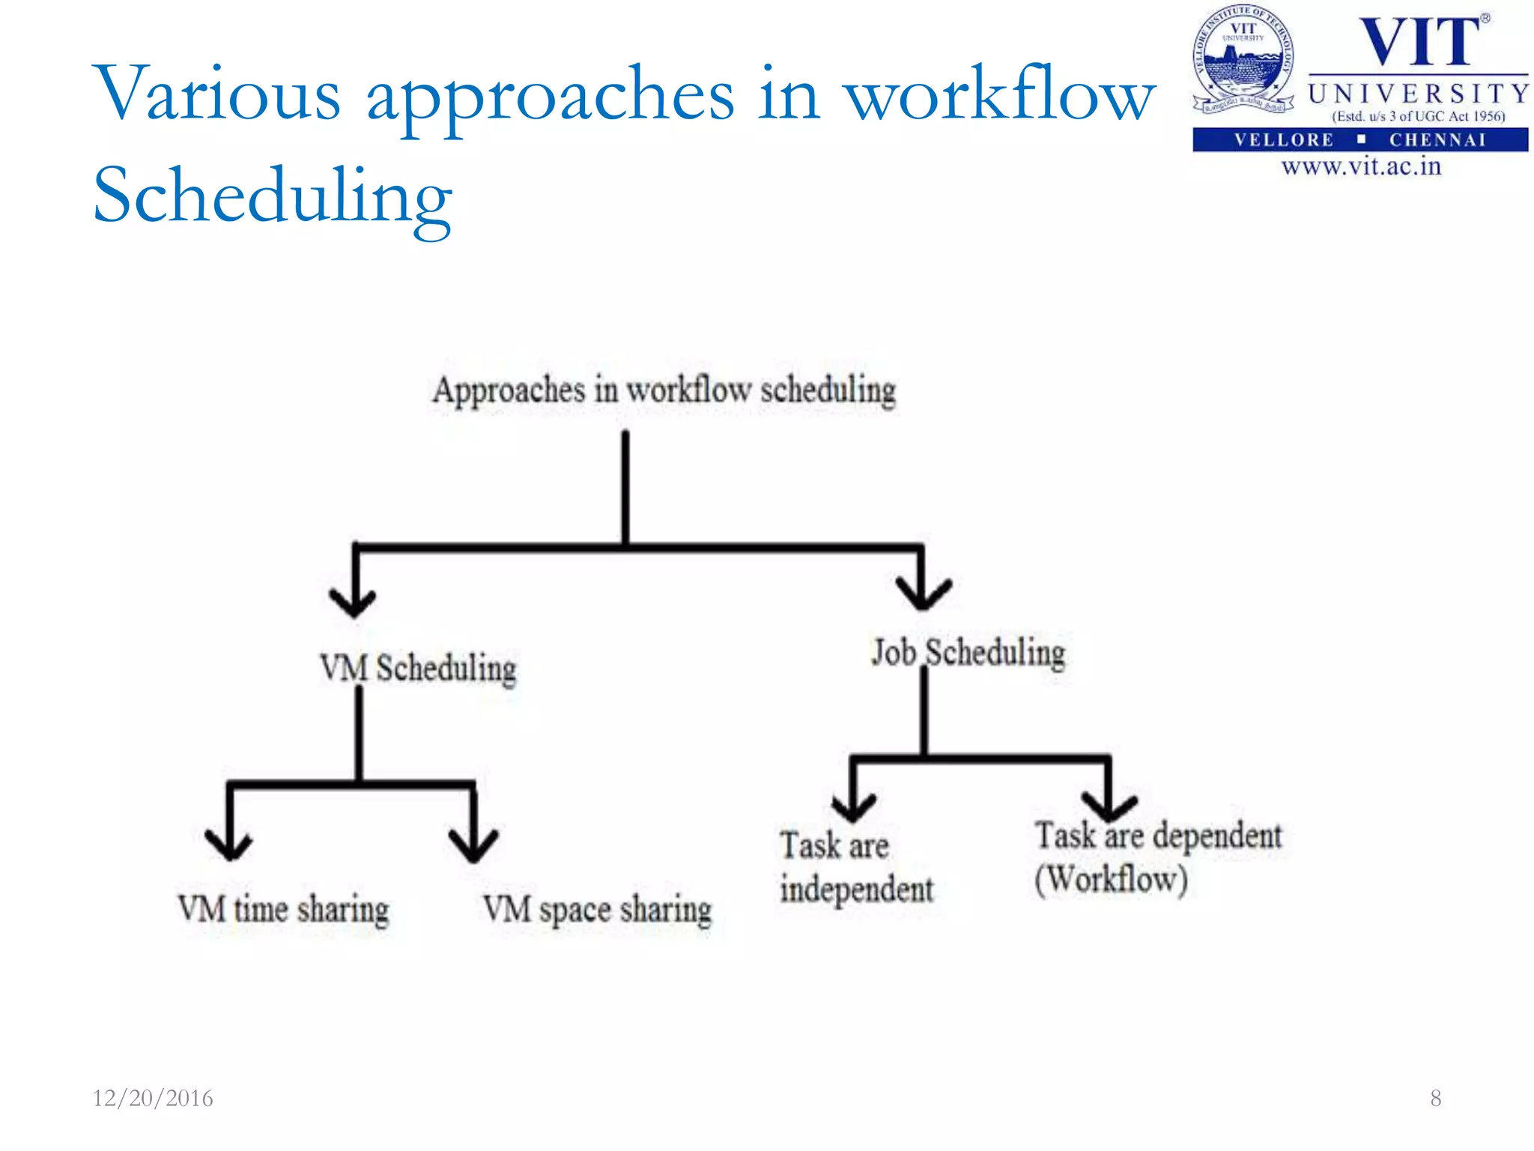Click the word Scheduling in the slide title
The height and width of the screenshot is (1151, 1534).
273,196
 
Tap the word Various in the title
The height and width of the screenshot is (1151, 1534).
216,94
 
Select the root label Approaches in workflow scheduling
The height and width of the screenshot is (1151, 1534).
664,390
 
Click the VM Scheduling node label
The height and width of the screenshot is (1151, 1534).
418,668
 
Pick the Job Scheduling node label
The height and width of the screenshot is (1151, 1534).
968,653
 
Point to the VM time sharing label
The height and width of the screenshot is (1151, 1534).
284,909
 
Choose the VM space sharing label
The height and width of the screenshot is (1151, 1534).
597,910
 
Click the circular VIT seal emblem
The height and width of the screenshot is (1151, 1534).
1243,60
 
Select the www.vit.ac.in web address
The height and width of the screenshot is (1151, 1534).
1361,166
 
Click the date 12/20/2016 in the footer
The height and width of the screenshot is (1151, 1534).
153,1098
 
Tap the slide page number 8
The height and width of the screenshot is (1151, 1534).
1435,1098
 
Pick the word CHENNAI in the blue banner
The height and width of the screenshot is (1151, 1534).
1437,140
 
